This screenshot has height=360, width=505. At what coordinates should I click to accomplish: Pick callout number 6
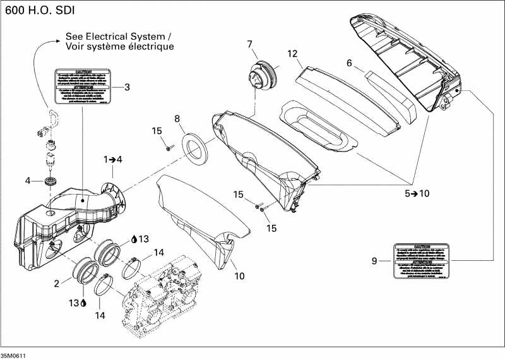coord(348,63)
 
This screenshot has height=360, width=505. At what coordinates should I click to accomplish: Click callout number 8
coord(177,118)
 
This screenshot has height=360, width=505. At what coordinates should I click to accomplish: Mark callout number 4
coord(28,181)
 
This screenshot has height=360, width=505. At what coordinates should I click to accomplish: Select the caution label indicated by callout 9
coord(421,260)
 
